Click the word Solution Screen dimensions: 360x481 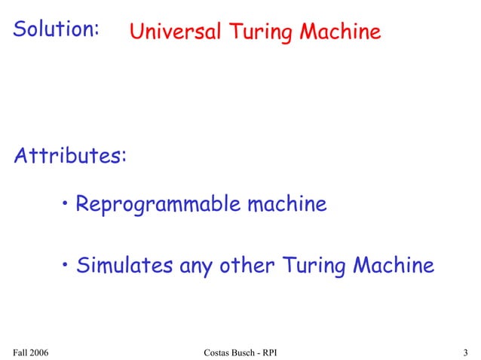coord(57,29)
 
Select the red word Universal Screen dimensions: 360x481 coord(175,32)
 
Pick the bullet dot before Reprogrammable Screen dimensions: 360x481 coord(67,203)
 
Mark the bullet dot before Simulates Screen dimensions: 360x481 coord(67,264)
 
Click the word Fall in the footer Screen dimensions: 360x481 coord(22,352)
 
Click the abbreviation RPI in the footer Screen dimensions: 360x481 coord(274,352)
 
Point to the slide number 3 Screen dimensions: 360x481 coord(466,352)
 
